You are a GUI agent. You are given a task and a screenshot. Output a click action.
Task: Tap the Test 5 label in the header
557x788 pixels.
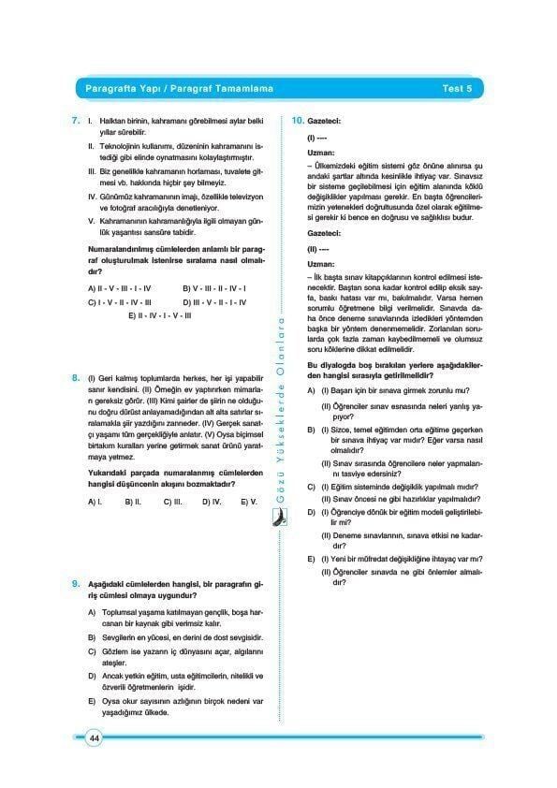pos(457,89)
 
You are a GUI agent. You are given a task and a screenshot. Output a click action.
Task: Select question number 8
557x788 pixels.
pos(75,378)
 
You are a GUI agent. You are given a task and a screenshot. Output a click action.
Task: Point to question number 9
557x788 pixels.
pos(75,584)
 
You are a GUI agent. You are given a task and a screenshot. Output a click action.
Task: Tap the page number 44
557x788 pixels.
pos(95,738)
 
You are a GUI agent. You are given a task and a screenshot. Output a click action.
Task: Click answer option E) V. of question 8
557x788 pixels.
pos(248,502)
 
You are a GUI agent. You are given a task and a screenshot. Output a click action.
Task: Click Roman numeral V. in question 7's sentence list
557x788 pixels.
pos(91,219)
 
